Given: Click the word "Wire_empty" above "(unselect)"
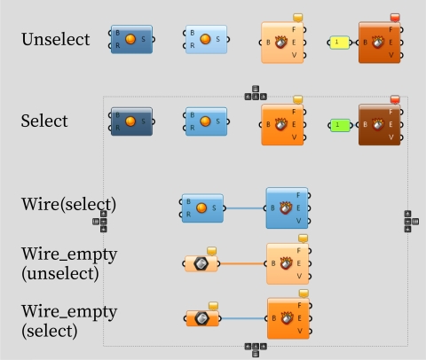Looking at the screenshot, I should point(69,254).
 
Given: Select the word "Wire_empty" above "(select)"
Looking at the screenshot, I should point(69,312).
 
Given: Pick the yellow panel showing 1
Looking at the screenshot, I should point(339,42).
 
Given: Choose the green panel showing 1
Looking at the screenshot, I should point(339,125).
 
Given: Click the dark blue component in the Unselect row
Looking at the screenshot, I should point(131,40).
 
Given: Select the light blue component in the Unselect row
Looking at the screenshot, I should point(206,40).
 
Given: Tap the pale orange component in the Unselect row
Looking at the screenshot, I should point(284,43).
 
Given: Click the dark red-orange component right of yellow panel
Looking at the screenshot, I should point(380,42).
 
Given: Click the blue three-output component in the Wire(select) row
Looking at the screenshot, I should point(287,208).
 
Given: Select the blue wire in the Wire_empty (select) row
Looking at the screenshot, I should point(244,317).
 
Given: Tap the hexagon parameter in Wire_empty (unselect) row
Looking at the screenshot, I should point(201,263).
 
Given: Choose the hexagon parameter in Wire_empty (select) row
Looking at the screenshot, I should point(202,318).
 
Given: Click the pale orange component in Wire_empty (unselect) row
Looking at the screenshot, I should point(287,263).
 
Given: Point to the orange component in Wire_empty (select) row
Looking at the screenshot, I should point(287,318).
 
